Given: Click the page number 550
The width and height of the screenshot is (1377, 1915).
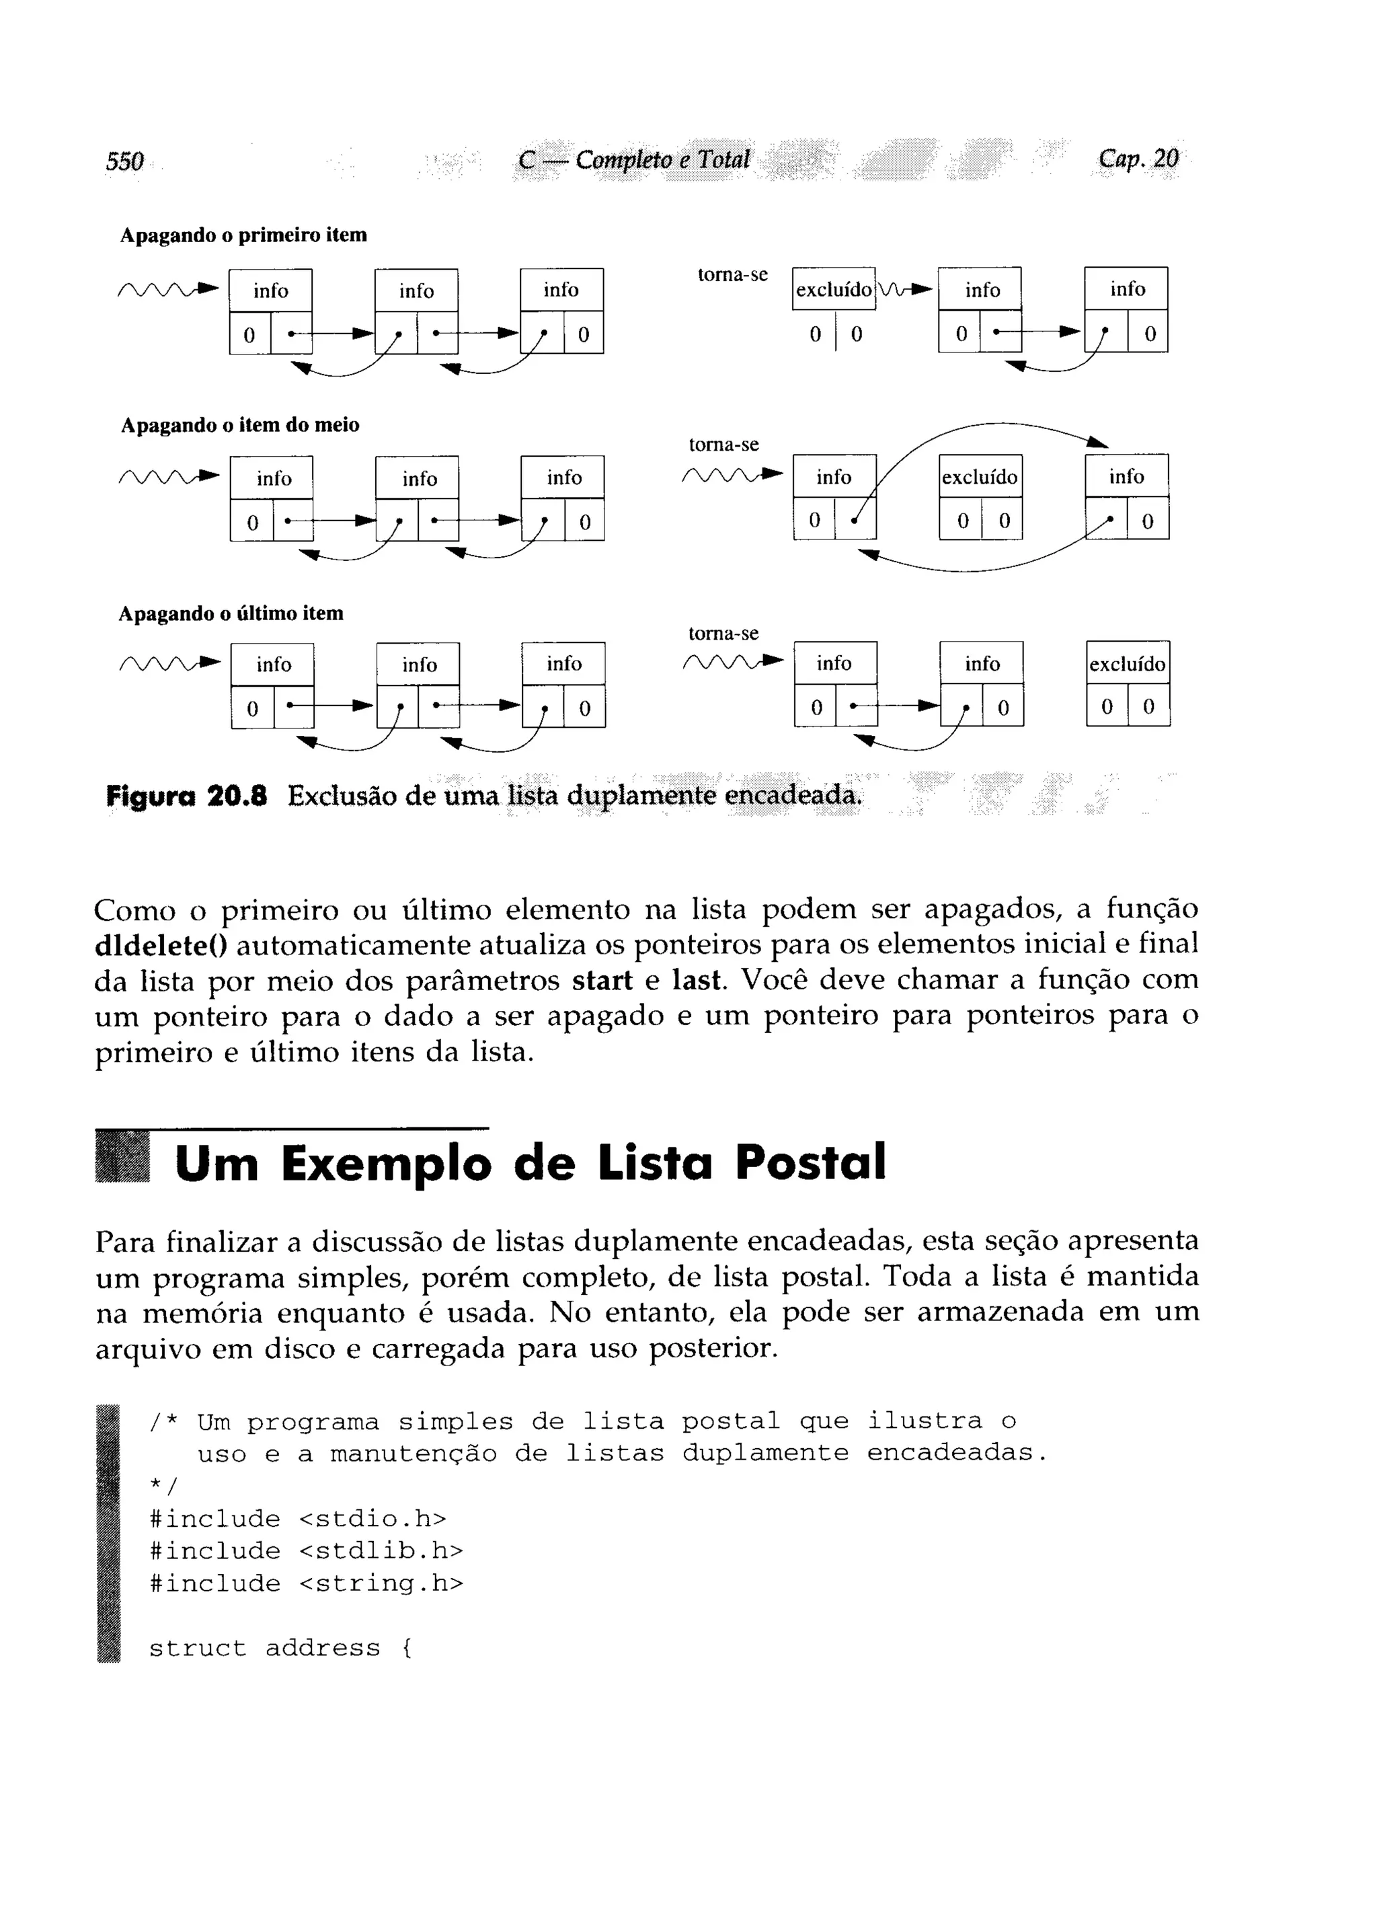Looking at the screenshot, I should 125,161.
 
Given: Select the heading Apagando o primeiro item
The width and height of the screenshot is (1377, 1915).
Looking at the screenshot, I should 243,235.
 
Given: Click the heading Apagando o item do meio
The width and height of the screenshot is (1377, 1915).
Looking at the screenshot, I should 240,424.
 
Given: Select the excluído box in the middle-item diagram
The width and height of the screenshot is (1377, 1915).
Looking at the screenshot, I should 980,477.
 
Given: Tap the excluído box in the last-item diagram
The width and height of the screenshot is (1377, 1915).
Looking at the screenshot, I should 1127,665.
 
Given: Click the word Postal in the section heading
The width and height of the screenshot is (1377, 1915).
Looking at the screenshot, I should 810,1163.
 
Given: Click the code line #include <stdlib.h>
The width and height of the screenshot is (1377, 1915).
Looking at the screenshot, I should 306,1552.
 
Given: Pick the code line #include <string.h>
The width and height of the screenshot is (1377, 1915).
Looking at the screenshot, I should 306,1584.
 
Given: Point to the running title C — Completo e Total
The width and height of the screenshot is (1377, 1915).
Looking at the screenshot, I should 634,159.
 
